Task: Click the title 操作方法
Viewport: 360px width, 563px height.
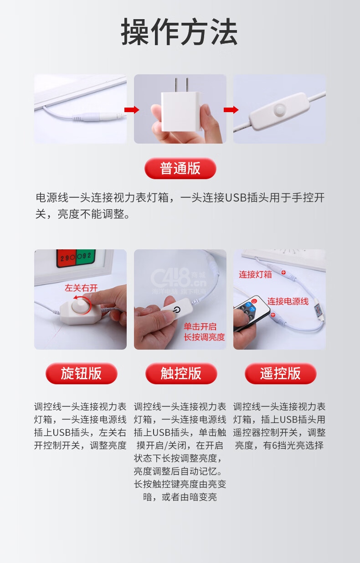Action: pos(180,31)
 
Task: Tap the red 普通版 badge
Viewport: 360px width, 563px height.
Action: pos(180,168)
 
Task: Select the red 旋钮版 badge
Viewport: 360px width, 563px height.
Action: pos(82,373)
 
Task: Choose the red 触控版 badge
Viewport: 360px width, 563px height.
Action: pos(181,373)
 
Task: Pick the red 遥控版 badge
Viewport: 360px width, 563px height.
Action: pos(280,373)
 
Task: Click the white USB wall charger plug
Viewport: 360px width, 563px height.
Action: pos(181,108)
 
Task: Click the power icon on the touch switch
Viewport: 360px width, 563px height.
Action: pos(177,309)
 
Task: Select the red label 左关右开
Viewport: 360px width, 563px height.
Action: pos(81,288)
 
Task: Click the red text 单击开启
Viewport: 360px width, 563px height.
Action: pos(200,326)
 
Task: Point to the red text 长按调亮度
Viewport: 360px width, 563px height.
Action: pos(204,337)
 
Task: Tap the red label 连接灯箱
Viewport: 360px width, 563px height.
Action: pos(255,274)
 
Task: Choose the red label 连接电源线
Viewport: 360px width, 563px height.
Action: pos(288,301)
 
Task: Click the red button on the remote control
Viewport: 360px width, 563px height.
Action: pos(254,300)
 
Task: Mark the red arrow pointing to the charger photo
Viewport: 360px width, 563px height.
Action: pos(132,109)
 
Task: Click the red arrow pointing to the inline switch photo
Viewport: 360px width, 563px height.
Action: pos(231,109)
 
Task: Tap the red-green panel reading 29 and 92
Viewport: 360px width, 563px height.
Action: pos(76,258)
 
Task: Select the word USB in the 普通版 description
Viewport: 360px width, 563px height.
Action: pos(236,197)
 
